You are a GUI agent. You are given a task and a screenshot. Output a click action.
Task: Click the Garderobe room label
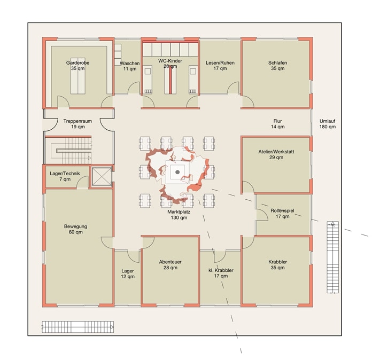77,66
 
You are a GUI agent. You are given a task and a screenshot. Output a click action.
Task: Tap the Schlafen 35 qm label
277,66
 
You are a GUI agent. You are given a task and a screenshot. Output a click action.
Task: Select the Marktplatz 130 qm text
179,215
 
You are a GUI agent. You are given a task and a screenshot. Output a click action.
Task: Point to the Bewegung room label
76,229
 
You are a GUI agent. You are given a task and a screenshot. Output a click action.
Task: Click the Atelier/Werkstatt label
276,154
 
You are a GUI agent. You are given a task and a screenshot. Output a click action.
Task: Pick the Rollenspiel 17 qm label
282,214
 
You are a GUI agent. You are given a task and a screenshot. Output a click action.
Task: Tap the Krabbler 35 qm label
277,265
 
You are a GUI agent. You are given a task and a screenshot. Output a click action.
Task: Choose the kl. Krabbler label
221,273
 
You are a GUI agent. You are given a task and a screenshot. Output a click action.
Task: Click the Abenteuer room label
170,265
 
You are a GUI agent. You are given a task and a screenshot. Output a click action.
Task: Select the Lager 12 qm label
128,273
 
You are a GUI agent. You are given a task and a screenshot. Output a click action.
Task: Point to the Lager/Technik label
65,176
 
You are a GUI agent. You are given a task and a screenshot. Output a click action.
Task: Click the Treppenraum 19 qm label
77,124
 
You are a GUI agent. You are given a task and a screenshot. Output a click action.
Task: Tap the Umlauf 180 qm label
328,124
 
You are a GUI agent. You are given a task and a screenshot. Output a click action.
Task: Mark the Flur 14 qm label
277,124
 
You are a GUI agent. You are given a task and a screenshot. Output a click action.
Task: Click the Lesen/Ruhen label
220,66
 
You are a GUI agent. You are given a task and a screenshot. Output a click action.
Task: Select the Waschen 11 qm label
130,66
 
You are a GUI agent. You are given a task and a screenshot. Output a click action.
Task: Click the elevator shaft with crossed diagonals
102,176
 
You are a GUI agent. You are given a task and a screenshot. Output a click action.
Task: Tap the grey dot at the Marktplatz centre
177,172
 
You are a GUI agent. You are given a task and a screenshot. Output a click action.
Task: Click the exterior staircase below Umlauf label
332,257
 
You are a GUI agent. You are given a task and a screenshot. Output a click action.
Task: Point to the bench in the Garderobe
78,79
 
